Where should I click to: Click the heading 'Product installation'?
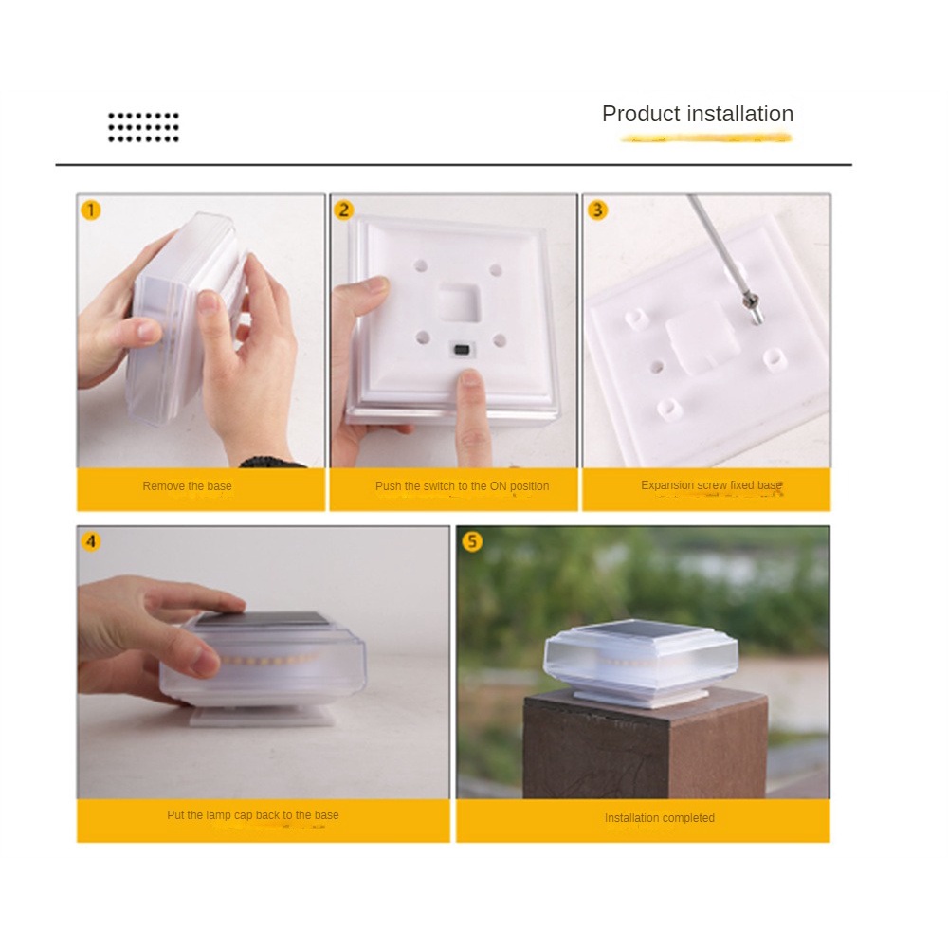point(698,114)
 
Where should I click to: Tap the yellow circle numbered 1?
point(91,210)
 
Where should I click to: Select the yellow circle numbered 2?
point(343,210)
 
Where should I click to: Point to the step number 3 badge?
point(597,210)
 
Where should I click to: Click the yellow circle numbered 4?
point(91,541)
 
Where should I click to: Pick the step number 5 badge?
point(472,541)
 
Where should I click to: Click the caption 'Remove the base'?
point(187,486)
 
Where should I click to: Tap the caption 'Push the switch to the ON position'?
point(462,486)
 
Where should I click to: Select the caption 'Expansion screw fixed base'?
point(712,485)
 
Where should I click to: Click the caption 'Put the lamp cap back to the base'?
point(253,815)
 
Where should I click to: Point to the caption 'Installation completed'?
point(660,818)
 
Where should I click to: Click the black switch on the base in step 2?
point(462,350)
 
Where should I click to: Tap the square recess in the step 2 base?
point(459,302)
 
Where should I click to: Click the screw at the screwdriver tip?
point(753,307)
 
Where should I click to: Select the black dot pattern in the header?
point(143,127)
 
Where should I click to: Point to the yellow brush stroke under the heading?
point(706,138)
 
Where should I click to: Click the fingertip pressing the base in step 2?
point(470,382)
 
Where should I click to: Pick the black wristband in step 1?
point(272,463)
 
